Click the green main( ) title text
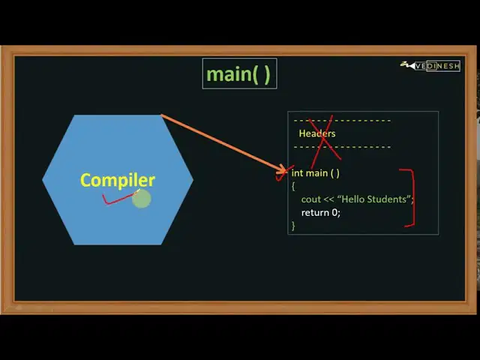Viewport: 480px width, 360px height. coord(238,74)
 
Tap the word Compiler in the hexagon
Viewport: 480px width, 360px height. coord(118,180)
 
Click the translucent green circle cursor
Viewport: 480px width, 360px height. coord(142,199)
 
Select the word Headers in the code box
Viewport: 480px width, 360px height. coord(317,133)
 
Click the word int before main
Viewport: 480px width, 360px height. coord(298,173)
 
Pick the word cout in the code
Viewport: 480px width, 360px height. coord(310,199)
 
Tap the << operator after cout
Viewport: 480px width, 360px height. coord(328,199)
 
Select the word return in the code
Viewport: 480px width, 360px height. coord(315,212)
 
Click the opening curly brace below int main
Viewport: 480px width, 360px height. coord(293,186)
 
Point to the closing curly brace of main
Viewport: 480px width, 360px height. coord(293,226)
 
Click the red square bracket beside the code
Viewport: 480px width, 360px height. coord(414,198)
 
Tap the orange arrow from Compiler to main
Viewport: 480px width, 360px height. coord(223,143)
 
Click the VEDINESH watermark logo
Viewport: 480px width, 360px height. coord(430,65)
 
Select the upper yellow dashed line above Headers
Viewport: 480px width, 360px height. coord(342,121)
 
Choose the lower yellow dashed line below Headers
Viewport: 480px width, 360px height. coord(342,147)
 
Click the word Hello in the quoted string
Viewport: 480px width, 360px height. coord(352,199)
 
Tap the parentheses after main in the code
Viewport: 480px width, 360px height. coord(335,173)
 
